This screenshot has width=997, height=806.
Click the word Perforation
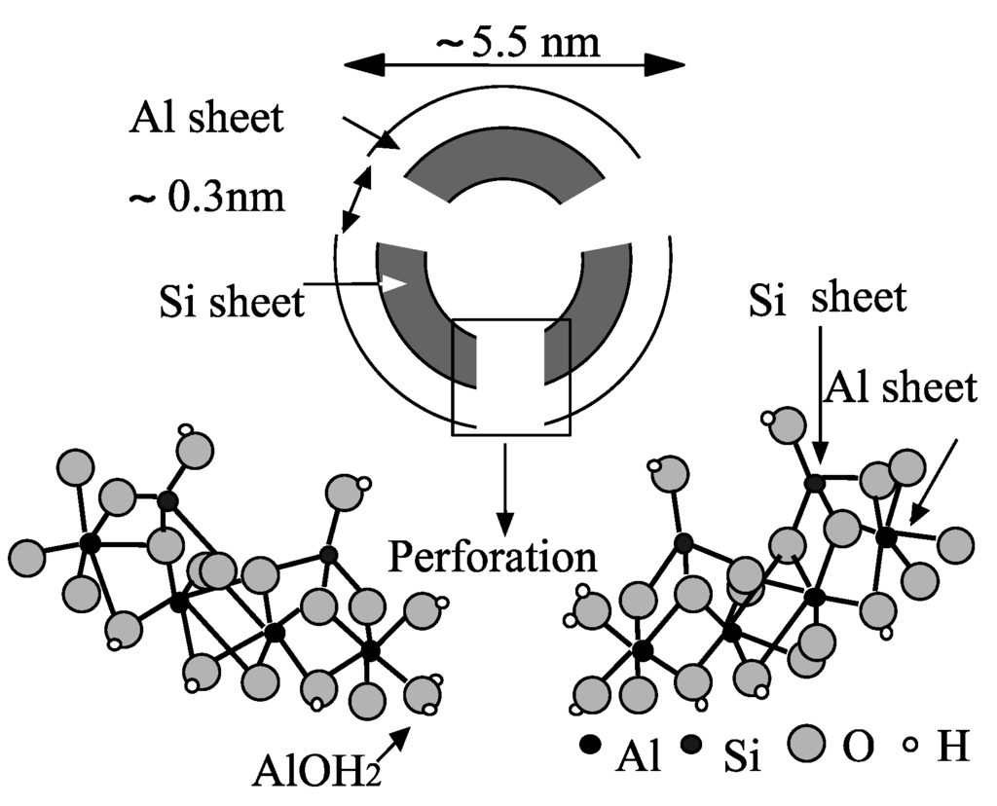point(493,557)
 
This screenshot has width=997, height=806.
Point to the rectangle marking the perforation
point(511,376)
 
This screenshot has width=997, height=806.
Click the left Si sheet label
point(232,302)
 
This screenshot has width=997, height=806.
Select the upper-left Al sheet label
point(205,118)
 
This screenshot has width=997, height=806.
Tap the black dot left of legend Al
point(588,746)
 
